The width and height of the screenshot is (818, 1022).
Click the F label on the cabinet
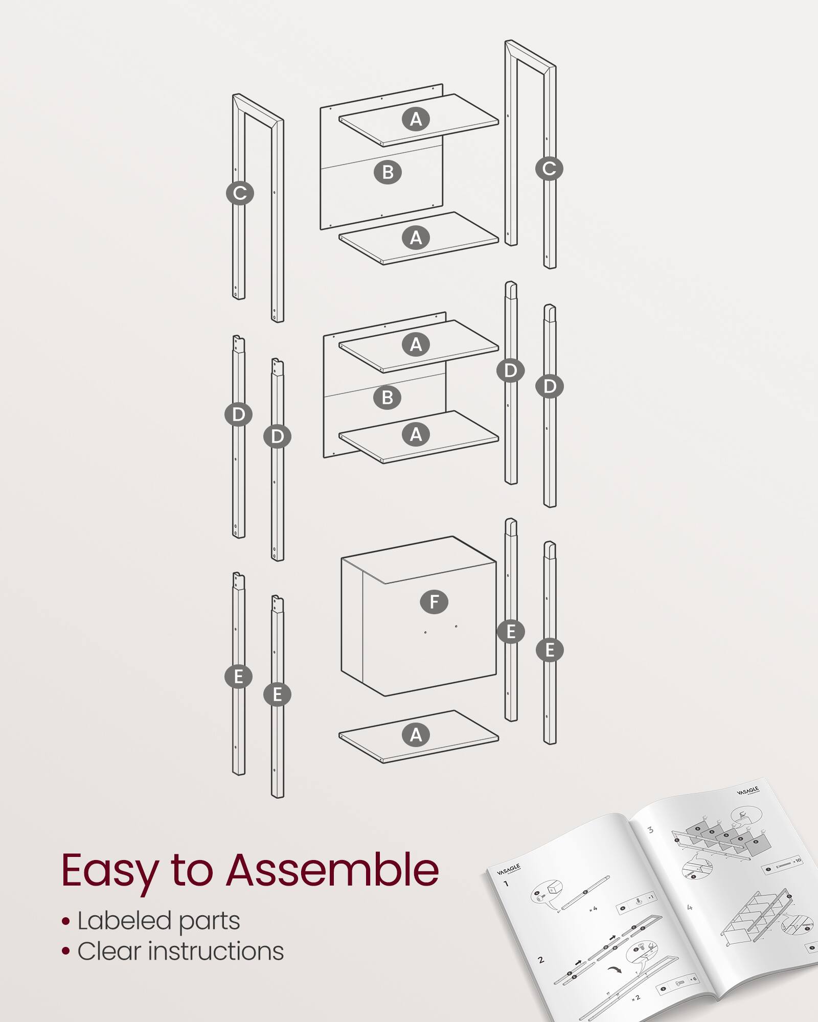tap(434, 602)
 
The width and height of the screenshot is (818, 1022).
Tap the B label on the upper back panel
tap(388, 172)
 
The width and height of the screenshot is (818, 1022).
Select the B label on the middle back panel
tap(387, 397)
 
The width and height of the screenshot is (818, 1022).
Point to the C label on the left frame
tap(240, 193)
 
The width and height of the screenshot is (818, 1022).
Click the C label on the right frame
tap(549, 169)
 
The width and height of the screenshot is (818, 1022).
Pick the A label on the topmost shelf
tap(416, 119)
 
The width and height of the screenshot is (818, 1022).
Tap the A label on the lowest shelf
tap(416, 735)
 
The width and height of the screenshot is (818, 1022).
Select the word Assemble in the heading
tap(332, 870)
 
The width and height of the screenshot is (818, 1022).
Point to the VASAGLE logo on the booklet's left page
tap(508, 869)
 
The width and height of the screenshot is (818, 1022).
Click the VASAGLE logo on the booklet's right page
tap(747, 791)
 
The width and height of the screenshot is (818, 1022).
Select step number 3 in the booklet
tap(650, 830)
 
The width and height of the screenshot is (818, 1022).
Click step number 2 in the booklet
tap(541, 960)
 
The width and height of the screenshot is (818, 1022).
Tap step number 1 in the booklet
tap(506, 884)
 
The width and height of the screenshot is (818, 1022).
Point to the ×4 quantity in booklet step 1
tap(593, 909)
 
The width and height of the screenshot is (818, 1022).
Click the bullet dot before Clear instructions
tap(65, 951)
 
